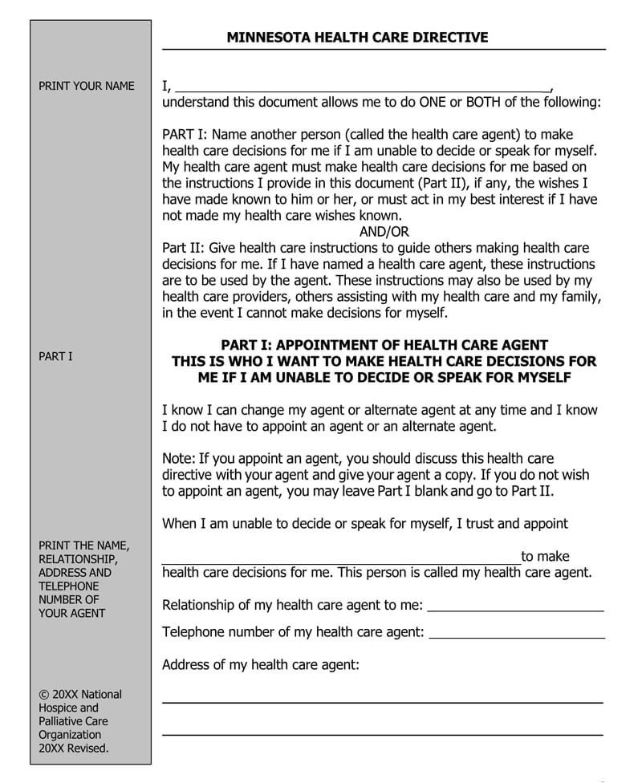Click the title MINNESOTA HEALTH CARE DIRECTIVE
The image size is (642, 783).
(357, 37)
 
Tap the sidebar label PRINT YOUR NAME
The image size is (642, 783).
(87, 86)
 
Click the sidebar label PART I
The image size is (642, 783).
(55, 356)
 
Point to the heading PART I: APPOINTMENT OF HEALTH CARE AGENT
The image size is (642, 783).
(384, 345)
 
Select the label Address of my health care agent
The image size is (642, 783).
(261, 664)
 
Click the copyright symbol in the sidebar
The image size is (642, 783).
(43, 694)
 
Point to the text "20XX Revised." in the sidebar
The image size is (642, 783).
(74, 749)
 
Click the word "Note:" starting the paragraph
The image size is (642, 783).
(179, 459)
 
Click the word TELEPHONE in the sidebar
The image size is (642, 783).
(69, 586)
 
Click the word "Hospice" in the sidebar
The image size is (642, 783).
(59, 708)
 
